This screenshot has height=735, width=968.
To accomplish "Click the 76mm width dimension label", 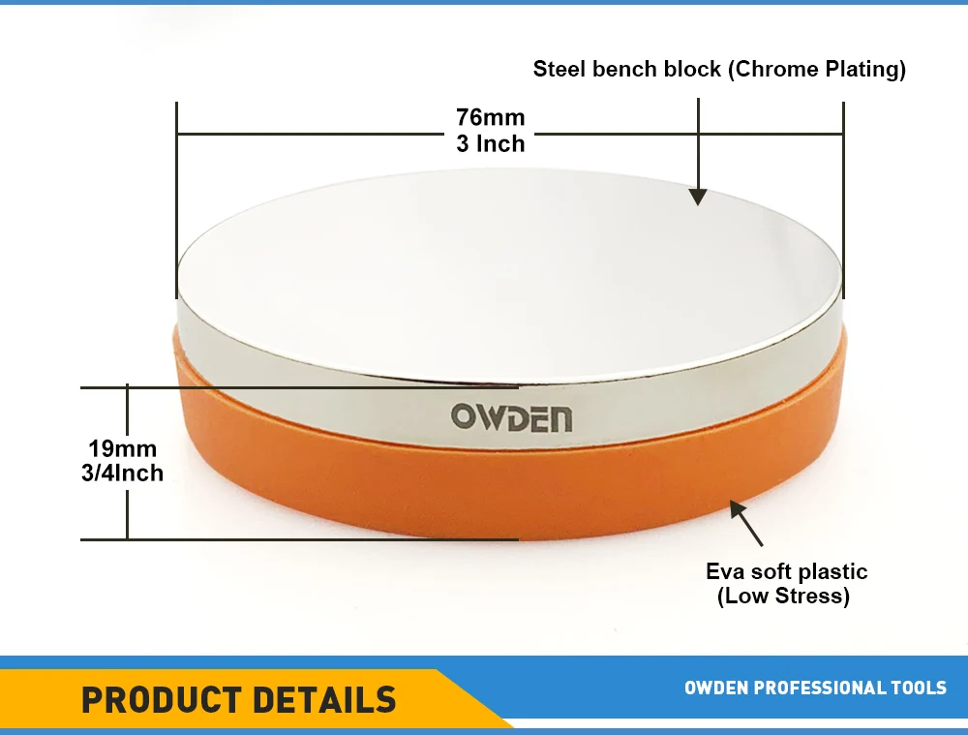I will click(x=491, y=118).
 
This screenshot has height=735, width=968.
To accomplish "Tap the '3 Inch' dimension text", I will click(x=491, y=143).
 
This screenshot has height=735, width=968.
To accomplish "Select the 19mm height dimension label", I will click(x=122, y=449).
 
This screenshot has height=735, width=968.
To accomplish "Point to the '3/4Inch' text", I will click(x=123, y=474).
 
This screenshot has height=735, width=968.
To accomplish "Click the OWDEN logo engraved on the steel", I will click(x=511, y=418).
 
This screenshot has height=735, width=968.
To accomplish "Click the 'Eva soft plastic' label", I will click(x=786, y=571).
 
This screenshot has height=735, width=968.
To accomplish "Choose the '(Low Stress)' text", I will click(x=783, y=597).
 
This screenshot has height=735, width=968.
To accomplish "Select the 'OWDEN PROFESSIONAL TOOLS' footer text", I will click(x=815, y=689).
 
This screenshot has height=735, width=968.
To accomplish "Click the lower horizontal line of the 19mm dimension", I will click(x=290, y=539).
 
